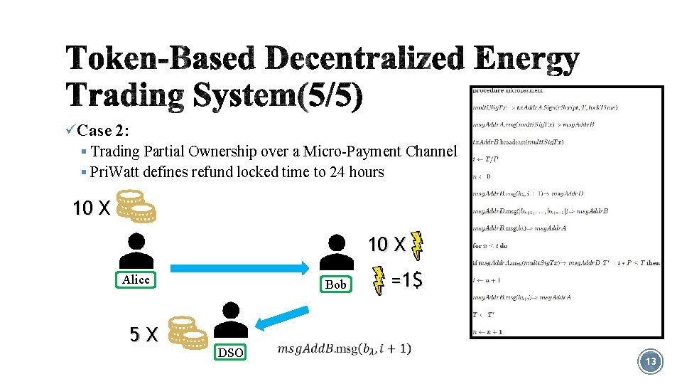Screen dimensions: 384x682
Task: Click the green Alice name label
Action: click(x=136, y=280)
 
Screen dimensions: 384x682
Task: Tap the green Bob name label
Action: click(x=335, y=284)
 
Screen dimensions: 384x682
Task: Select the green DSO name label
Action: click(x=230, y=353)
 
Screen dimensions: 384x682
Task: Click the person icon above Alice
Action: click(x=136, y=250)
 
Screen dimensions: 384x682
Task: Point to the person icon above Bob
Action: click(x=336, y=252)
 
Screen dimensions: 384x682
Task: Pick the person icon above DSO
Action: click(x=230, y=319)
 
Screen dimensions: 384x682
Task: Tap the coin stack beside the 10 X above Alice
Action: click(x=135, y=205)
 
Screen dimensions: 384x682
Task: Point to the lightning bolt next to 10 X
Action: click(x=418, y=245)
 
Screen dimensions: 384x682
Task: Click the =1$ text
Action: click(x=407, y=280)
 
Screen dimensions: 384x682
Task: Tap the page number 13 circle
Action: click(x=651, y=362)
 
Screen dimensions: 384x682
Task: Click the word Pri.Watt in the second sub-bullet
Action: click(x=114, y=172)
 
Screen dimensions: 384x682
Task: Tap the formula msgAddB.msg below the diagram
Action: click(x=344, y=348)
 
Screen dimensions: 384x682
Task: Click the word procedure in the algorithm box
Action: click(x=487, y=90)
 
